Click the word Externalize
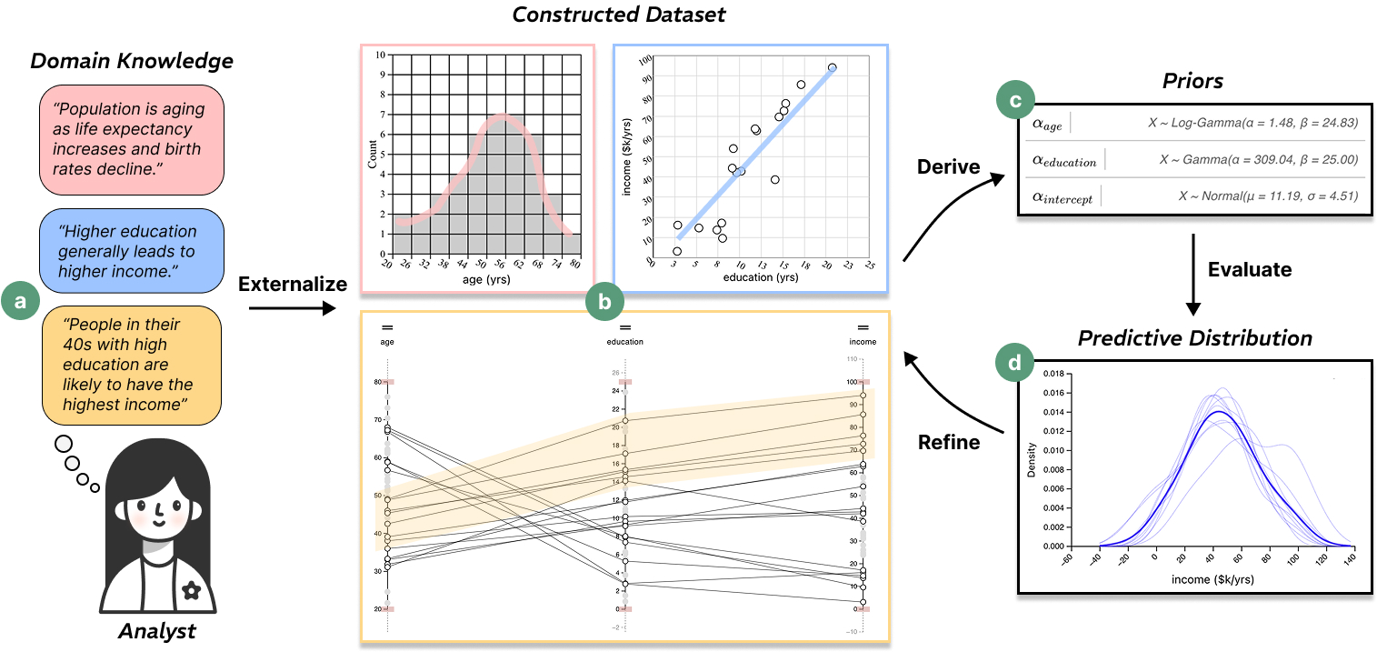pos(293,285)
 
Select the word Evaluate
pos(1250,269)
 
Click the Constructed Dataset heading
pos(620,15)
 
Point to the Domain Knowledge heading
pos(132,62)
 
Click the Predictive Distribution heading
pos(1195,338)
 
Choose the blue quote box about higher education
pos(132,250)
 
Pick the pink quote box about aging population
pos(132,139)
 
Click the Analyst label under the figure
pos(157,631)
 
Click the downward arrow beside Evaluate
pos(1194,282)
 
